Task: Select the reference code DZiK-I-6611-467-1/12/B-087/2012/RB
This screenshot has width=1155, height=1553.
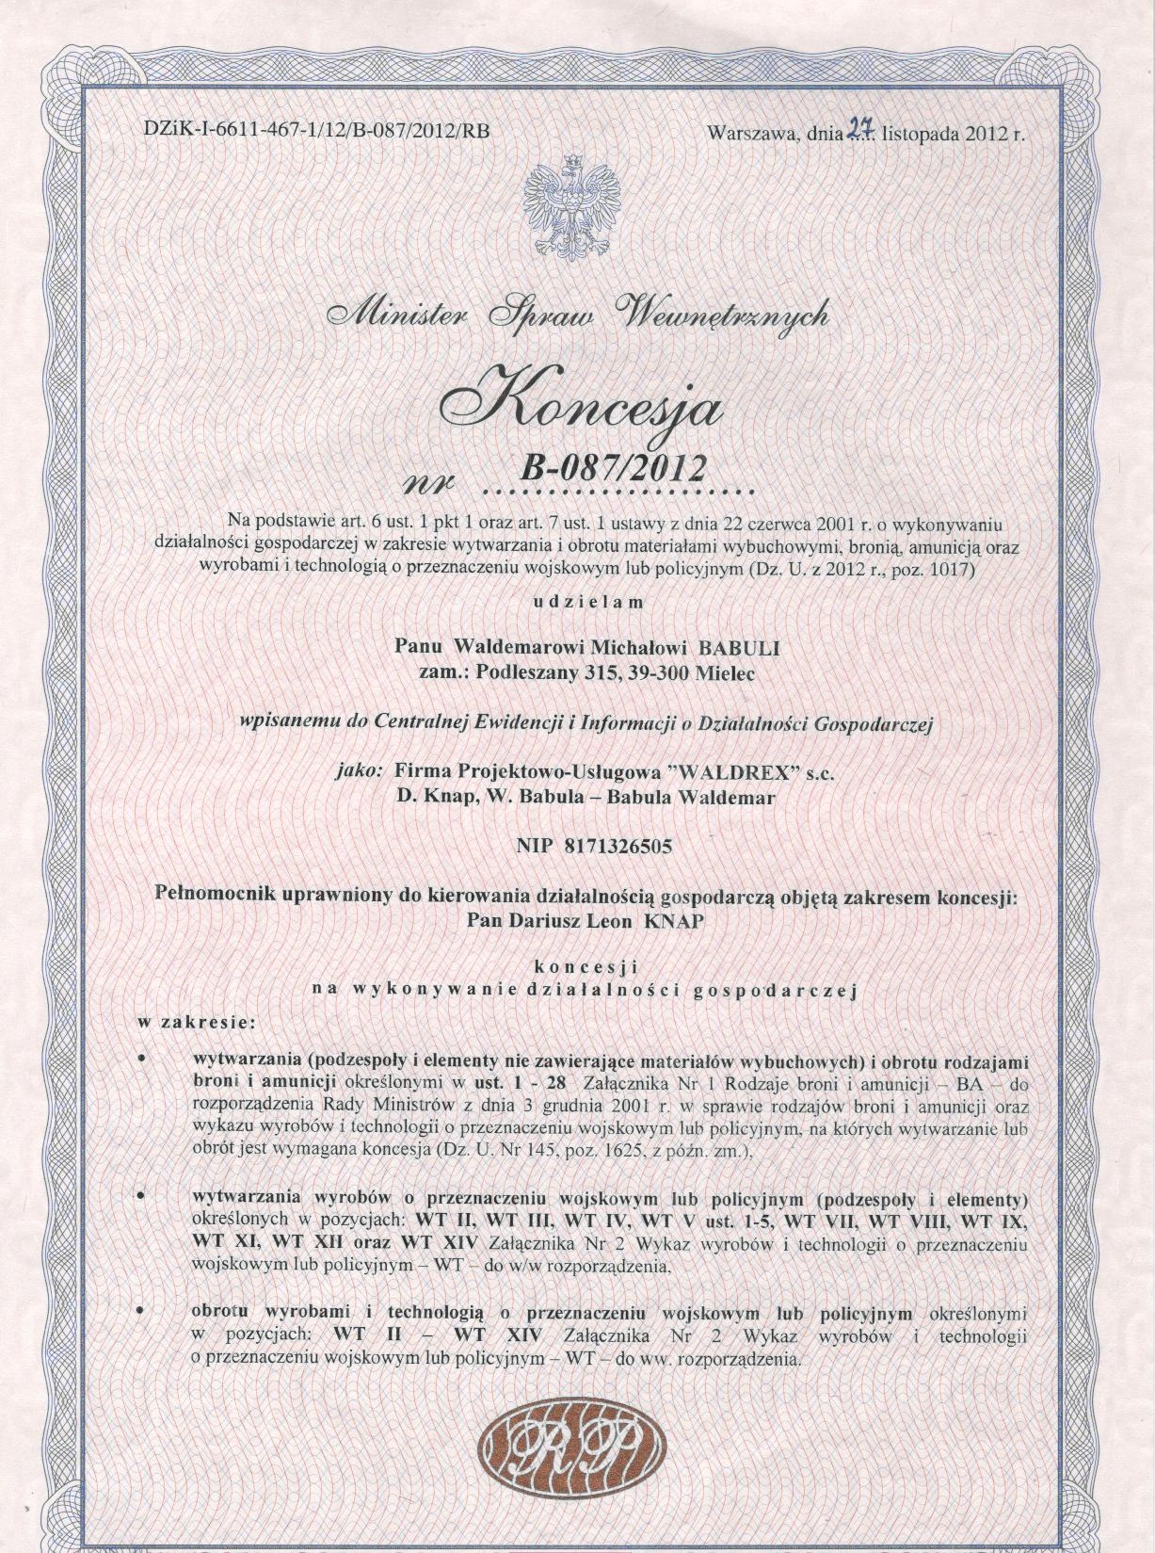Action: pyautogui.click(x=317, y=131)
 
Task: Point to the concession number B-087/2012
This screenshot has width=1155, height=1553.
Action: pyautogui.click(x=613, y=466)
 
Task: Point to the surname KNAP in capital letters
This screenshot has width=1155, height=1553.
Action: pyautogui.click(x=673, y=921)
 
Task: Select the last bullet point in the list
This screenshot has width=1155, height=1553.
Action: pyautogui.click(x=140, y=1311)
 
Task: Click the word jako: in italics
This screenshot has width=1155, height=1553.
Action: pyautogui.click(x=359, y=771)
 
